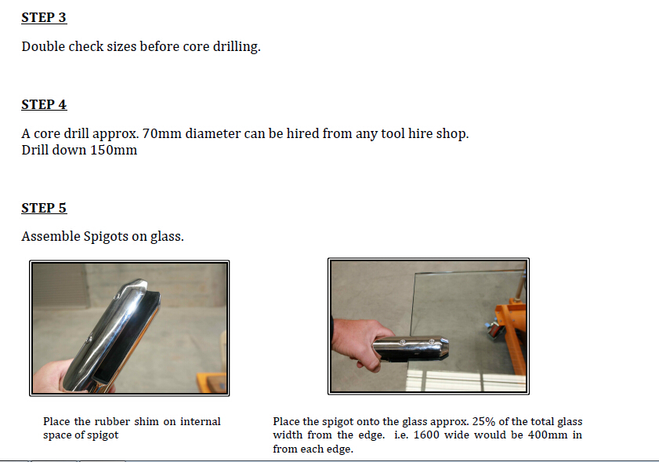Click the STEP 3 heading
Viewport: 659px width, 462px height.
pos(44,17)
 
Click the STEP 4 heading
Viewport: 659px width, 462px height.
pos(44,104)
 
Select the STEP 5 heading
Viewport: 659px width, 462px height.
pos(44,208)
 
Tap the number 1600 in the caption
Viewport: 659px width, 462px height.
pos(426,435)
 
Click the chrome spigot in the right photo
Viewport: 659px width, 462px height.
pos(410,348)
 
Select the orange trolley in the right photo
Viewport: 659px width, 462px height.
pos(510,333)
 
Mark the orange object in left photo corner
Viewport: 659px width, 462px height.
pos(212,382)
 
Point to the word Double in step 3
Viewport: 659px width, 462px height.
pos(43,47)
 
